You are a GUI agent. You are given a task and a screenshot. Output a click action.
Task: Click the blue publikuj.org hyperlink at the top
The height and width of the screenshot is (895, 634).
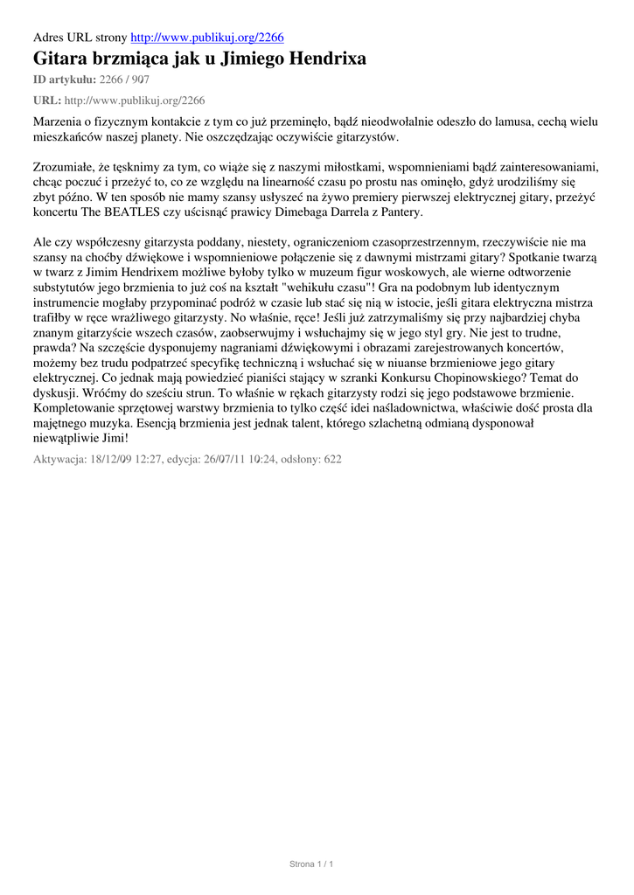(x=207, y=37)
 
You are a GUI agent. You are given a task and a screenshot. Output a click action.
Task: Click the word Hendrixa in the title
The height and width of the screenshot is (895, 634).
(x=323, y=59)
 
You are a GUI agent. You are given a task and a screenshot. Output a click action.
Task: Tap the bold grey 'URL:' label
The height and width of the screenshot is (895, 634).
(x=46, y=101)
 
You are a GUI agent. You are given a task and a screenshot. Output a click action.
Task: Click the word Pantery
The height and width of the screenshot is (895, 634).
(x=398, y=212)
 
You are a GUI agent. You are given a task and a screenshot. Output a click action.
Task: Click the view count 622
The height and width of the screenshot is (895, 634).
(x=331, y=459)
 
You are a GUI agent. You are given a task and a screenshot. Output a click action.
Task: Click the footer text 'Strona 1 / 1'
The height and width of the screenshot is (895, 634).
(x=312, y=864)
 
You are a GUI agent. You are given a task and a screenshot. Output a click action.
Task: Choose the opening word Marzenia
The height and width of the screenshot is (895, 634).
(x=59, y=121)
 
